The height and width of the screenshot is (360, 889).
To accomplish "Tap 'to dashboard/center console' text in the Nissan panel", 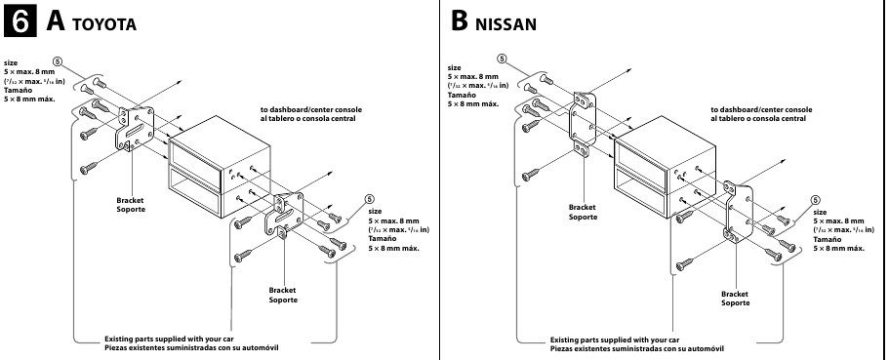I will point(759,109).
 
